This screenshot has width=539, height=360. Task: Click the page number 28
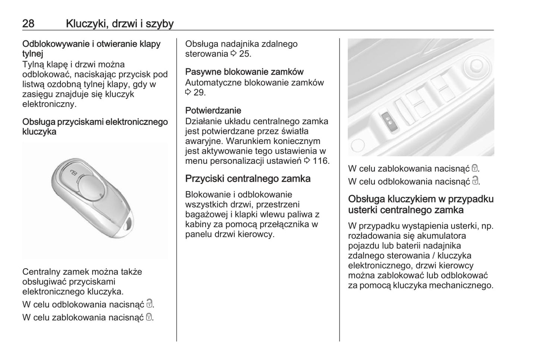(28, 24)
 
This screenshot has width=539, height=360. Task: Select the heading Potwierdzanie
(213, 110)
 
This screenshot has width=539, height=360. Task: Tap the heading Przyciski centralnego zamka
(248, 179)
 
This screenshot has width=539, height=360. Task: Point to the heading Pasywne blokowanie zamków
(244, 72)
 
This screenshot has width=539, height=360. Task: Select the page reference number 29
(200, 93)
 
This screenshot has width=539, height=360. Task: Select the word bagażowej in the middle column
(205, 215)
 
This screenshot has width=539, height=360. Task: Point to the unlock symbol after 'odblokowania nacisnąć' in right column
(475, 181)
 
